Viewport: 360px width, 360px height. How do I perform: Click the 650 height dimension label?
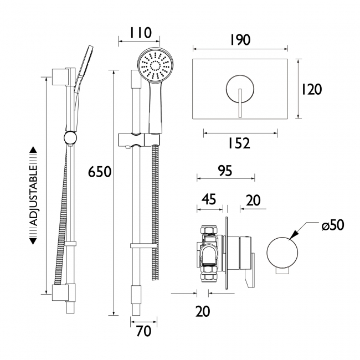[100, 172]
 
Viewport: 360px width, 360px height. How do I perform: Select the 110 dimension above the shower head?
[136, 33]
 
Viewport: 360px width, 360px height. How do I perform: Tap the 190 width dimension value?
[239, 40]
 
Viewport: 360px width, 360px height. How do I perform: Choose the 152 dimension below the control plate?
[239, 143]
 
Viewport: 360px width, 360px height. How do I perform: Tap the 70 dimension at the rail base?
[143, 332]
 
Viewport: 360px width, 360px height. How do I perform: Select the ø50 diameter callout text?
[332, 225]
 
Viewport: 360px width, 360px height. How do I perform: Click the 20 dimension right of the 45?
[253, 200]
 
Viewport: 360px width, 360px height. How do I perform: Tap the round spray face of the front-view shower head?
[153, 66]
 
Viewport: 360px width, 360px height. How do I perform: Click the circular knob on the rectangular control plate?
[239, 88]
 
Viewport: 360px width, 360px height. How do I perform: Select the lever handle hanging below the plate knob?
[239, 105]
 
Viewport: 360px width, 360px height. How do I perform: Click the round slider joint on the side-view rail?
[70, 138]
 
